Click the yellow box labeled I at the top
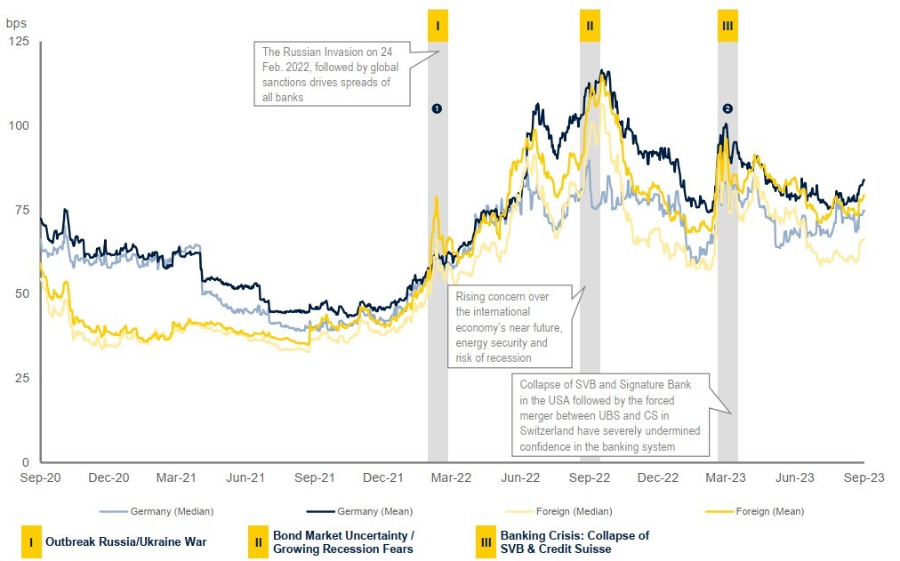pyautogui.click(x=437, y=26)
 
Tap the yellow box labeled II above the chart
pyautogui.click(x=590, y=26)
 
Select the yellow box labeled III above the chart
pyautogui.click(x=727, y=26)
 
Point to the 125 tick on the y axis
pyautogui.click(x=18, y=42)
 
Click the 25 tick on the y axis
pyautogui.click(x=21, y=379)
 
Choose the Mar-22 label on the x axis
pyautogui.click(x=452, y=477)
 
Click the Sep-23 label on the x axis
pyautogui.click(x=863, y=477)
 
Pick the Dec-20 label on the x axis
pyautogui.click(x=108, y=477)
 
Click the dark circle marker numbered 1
pyautogui.click(x=437, y=108)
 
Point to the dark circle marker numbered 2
pyautogui.click(x=727, y=108)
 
